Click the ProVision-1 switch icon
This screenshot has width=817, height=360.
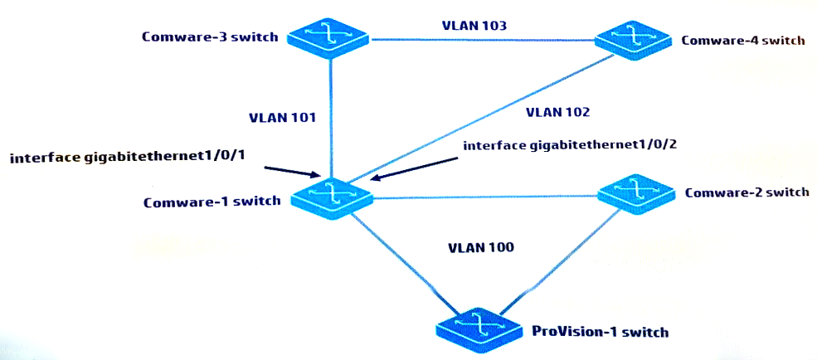pyautogui.click(x=479, y=327)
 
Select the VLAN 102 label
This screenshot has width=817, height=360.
pyautogui.click(x=557, y=111)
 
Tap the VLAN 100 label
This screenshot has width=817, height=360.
pyautogui.click(x=482, y=247)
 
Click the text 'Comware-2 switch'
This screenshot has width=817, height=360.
pyautogui.click(x=746, y=192)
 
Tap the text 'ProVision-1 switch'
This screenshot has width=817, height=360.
pyautogui.click(x=599, y=331)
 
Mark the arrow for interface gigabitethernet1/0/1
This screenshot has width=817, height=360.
pyautogui.click(x=293, y=172)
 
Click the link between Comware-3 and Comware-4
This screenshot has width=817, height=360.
pyautogui.click(x=483, y=40)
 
